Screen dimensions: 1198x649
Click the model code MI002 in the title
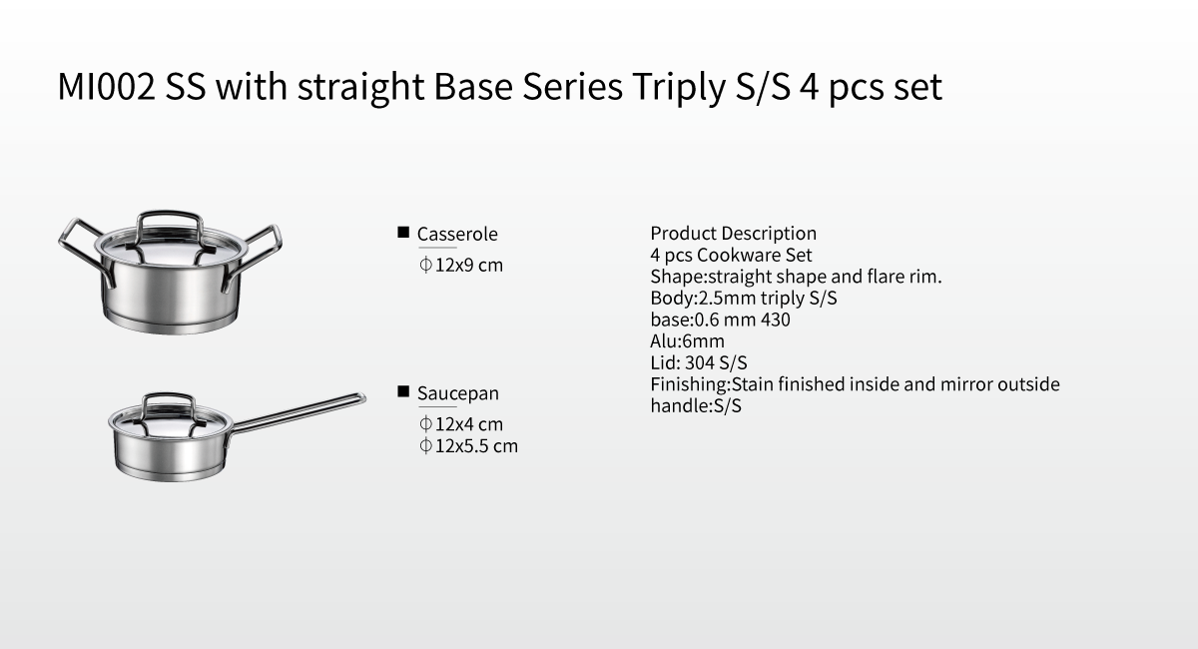click(x=106, y=86)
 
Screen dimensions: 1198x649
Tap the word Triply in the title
click(x=678, y=88)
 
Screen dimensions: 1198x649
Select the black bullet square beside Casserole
click(x=403, y=233)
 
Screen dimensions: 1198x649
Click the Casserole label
click(x=457, y=234)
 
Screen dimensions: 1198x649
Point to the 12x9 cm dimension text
click(x=461, y=265)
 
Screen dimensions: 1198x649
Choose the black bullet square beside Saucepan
click(x=403, y=391)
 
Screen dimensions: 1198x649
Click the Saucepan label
click(x=458, y=393)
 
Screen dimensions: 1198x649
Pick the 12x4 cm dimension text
click(x=461, y=424)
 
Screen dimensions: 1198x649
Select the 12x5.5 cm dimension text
click(x=468, y=445)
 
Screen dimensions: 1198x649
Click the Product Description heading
click(x=733, y=234)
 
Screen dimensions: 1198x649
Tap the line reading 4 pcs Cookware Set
click(x=731, y=255)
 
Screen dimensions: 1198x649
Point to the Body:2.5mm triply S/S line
click(x=744, y=298)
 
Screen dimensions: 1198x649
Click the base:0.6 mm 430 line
click(x=720, y=320)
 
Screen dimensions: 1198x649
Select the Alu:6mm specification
click(x=687, y=340)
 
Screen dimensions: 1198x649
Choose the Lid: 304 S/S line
click(x=699, y=362)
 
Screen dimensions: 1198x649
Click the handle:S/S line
click(x=696, y=405)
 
